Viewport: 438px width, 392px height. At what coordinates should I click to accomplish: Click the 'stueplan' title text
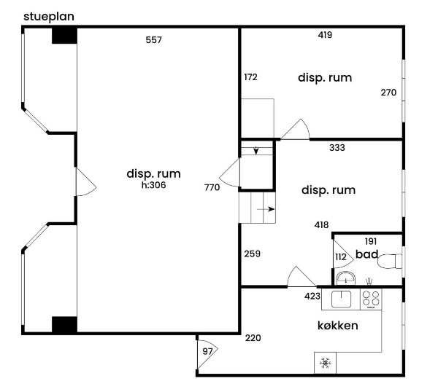pos(49,17)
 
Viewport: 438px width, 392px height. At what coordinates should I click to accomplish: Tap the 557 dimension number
pos(153,40)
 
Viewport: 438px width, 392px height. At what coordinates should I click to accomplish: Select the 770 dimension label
pos(212,187)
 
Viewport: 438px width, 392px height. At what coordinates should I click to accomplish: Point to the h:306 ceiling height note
pos(153,185)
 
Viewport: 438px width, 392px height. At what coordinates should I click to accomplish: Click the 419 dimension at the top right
pos(325,35)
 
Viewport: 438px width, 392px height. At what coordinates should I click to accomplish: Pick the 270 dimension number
pos(388,93)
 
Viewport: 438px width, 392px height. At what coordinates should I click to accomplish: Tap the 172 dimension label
pos(250,77)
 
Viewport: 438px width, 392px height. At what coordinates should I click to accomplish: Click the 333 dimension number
pos(337,147)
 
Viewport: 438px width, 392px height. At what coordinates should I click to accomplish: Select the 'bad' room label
pos(366,254)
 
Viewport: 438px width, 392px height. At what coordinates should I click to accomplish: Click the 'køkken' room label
pos(338,326)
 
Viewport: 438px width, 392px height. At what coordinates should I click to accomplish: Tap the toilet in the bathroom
pos(390,262)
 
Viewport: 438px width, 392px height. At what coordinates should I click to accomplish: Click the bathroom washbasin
pos(346,278)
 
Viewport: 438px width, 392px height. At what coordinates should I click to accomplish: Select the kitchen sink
pos(341,299)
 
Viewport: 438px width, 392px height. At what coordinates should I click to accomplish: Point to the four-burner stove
pos(371,299)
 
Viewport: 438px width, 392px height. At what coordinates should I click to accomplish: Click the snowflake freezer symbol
pos(325,363)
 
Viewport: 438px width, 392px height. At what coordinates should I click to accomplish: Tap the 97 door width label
pos(207,351)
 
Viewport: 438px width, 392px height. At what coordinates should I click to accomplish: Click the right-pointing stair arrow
pos(266,209)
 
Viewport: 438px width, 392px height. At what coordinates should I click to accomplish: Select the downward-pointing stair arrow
pos(256,150)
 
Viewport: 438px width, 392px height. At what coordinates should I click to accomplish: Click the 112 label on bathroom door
pos(340,256)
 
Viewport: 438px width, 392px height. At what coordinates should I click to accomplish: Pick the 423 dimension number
pos(312,296)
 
